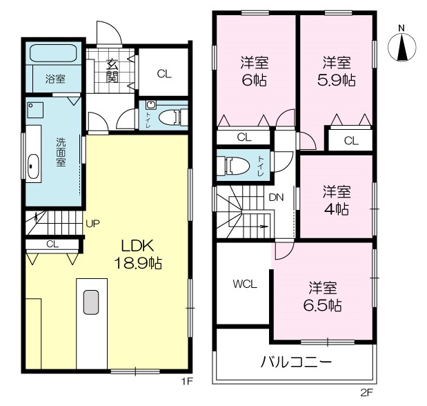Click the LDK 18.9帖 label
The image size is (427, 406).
click(138, 254)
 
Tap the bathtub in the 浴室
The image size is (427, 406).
click(54, 53)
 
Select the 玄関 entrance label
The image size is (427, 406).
click(112, 70)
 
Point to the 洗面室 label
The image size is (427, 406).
click(61, 152)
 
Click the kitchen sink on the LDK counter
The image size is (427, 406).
click(91, 302)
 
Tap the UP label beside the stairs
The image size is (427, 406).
click(92, 224)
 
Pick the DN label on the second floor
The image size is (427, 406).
click(276, 197)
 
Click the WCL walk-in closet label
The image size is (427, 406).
click(245, 284)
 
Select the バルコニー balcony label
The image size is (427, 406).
click(297, 362)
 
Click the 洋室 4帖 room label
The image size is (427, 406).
click(337, 200)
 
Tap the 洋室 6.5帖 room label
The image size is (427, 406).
click(323, 297)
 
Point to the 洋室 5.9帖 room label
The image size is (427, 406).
click(337, 71)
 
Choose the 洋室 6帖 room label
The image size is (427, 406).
click(254, 71)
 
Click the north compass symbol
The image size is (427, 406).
click(401, 47)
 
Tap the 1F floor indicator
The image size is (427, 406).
click(187, 381)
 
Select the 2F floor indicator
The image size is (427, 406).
click(366, 393)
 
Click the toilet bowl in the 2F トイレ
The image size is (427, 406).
click(235, 165)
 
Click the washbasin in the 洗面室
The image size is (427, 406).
click(34, 166)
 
